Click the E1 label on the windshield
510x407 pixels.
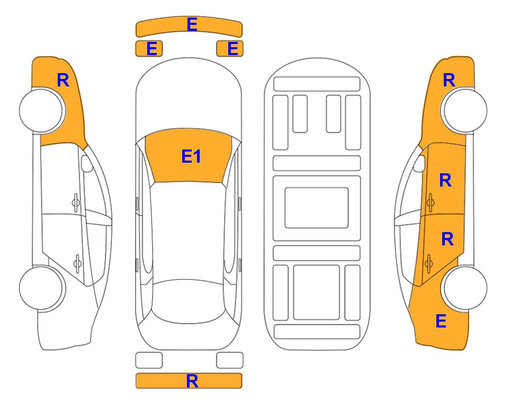coord(191,156)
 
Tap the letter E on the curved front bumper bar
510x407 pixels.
coord(192,24)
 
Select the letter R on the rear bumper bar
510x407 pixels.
coord(192,381)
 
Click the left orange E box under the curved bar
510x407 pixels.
coord(149,49)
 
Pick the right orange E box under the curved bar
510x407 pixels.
coord(230,49)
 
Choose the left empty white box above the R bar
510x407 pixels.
coord(149,360)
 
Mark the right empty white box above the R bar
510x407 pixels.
coord(230,360)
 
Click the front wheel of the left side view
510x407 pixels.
coord(41,110)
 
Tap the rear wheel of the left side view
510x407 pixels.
coord(41,288)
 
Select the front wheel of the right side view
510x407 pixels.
coord(466,110)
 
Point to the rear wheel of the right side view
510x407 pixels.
coord(466,288)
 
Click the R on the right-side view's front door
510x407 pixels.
coord(445,180)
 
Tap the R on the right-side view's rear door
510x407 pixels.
coord(447,240)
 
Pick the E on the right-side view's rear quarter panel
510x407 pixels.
coord(441,321)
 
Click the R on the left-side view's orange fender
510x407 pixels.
coord(63,80)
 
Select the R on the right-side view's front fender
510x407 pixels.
coord(449,80)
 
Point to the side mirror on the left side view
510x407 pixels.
coord(87,163)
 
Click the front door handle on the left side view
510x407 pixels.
coord(76,203)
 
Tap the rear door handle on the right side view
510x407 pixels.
coord(428,263)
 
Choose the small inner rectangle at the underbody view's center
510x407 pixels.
coord(317,208)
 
